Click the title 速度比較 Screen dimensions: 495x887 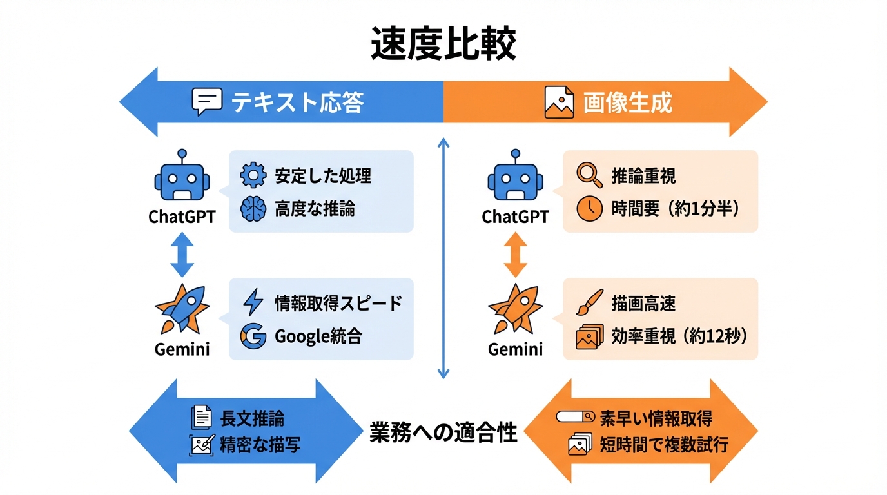click(x=443, y=44)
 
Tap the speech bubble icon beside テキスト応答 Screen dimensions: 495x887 click(x=207, y=102)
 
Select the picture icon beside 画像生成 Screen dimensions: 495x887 click(x=559, y=102)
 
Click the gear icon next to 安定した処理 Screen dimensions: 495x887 click(x=253, y=175)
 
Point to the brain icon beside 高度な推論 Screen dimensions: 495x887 click(x=253, y=209)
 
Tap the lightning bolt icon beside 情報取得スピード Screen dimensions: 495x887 click(x=253, y=302)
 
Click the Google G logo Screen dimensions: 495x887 click(x=253, y=336)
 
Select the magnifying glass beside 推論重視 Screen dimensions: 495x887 click(x=589, y=175)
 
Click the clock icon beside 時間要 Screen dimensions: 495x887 click(x=589, y=209)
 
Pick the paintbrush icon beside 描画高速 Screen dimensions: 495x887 click(x=589, y=302)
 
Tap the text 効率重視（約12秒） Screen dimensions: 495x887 click(x=679, y=336)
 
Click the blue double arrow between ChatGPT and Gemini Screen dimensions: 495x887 click(x=182, y=256)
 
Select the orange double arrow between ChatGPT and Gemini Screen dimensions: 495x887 click(x=515, y=256)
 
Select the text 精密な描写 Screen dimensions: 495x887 click(x=260, y=445)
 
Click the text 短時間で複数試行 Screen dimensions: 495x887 click(x=664, y=445)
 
